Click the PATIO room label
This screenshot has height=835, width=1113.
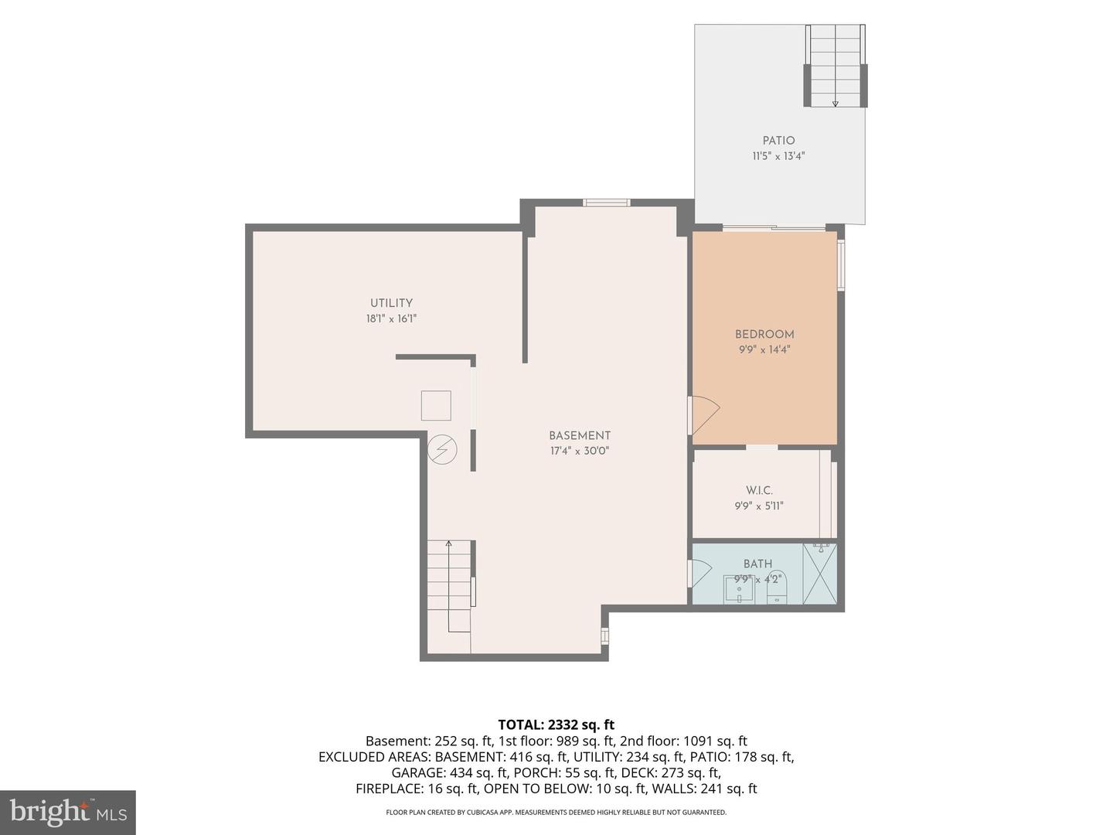[778, 141]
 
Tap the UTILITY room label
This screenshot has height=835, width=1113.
[391, 303]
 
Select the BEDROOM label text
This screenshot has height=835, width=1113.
[764, 334]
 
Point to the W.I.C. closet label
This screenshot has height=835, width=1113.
[759, 490]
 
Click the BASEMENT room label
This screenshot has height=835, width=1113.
[580, 435]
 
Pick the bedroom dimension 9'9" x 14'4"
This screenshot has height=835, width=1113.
[764, 349]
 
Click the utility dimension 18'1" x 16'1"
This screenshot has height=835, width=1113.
[391, 319]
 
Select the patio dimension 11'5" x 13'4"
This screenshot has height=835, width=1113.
[778, 156]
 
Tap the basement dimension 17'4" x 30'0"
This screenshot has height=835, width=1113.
[580, 451]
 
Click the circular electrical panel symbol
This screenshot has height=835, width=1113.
[442, 449]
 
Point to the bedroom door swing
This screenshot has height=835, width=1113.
[706, 414]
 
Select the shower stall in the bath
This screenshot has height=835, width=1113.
[820, 574]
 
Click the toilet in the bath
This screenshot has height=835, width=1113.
[777, 587]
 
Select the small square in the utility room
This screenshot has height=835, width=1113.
[436, 405]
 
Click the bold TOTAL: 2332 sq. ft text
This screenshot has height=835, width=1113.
[556, 724]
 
